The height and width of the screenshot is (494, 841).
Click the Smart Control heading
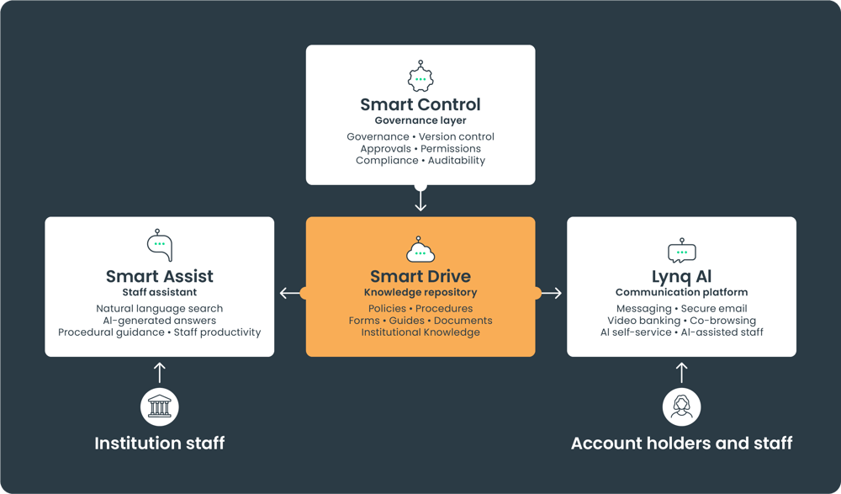click(x=420, y=104)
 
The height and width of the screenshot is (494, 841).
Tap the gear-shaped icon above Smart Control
click(x=420, y=77)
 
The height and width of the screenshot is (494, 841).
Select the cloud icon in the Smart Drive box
click(x=420, y=249)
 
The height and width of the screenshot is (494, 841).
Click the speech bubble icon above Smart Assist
click(x=159, y=246)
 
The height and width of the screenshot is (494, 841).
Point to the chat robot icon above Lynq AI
click(x=682, y=250)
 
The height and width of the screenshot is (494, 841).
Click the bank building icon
click(x=159, y=406)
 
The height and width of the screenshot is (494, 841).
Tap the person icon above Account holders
click(x=682, y=406)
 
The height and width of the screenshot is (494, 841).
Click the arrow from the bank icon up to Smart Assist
click(x=159, y=373)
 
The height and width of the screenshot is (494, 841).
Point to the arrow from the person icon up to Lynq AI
click(x=682, y=373)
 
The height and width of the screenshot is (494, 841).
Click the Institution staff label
click(x=159, y=443)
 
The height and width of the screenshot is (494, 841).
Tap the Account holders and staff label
click(x=682, y=443)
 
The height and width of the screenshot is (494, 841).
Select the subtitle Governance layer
click(x=420, y=121)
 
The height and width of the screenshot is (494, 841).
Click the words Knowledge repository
click(x=420, y=293)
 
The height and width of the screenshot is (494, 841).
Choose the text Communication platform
click(x=682, y=292)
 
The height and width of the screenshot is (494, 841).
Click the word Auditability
click(x=457, y=161)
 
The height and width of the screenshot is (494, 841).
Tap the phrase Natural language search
click(x=159, y=309)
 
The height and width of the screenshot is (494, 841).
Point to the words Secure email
click(x=714, y=309)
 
